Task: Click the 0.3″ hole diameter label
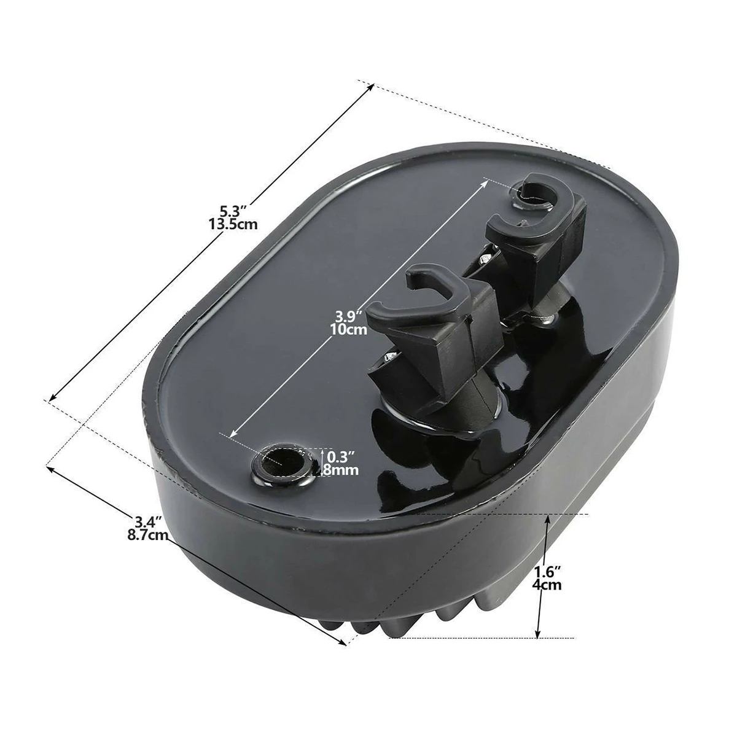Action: pyautogui.click(x=342, y=458)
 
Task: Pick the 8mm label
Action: pyautogui.click(x=342, y=470)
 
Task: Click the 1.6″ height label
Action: pyautogui.click(x=548, y=572)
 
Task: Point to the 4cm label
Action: pyautogui.click(x=547, y=585)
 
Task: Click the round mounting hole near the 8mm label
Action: pyautogui.click(x=281, y=461)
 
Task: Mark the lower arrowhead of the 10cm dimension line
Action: pyautogui.click(x=233, y=435)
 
